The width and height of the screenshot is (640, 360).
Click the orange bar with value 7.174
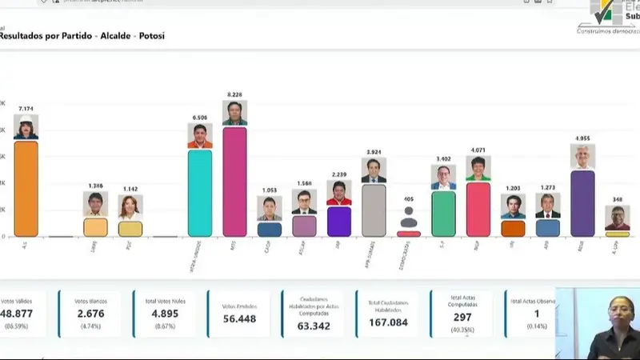point(26,189)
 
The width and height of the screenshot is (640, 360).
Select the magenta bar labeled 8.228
point(234,182)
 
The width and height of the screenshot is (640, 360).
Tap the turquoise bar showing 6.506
point(200,193)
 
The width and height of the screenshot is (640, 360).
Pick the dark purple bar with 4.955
point(582,203)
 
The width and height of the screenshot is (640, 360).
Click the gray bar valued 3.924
point(374,210)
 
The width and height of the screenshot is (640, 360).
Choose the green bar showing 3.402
point(444,214)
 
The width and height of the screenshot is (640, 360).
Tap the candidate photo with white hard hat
point(26,126)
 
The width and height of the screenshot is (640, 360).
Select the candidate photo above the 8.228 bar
point(234,113)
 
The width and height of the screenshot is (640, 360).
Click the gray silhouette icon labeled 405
point(409,217)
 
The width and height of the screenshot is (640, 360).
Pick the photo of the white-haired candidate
point(582,156)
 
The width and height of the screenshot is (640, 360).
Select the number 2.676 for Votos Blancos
point(93,313)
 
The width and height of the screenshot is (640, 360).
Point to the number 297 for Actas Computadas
point(461,317)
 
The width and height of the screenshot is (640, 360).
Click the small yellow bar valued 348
point(617,234)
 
